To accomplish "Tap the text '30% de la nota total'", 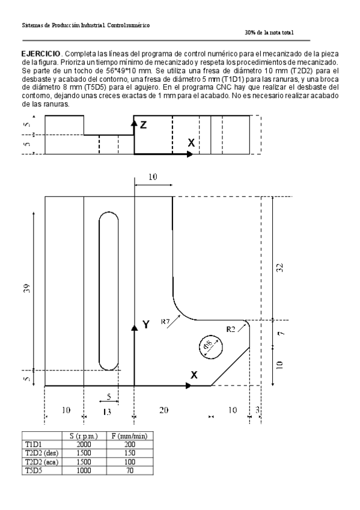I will [x=269, y=32].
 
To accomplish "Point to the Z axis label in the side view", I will [x=143, y=124].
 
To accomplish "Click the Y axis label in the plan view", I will [x=145, y=325].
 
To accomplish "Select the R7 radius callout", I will [x=166, y=322].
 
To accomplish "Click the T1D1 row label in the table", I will [x=32, y=444].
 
